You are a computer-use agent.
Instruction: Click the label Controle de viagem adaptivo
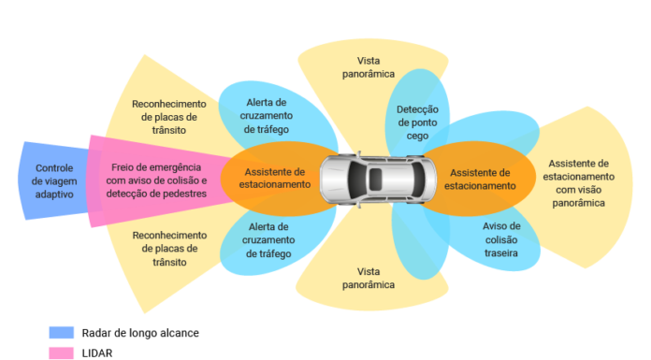(x=54, y=181)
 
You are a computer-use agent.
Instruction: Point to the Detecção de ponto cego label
(x=417, y=122)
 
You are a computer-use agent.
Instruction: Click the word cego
(x=417, y=137)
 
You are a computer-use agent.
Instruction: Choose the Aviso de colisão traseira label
(x=501, y=239)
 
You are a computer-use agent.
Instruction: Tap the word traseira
(x=501, y=252)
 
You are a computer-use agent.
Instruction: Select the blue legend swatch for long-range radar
(x=62, y=333)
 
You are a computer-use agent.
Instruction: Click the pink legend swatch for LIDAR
(x=62, y=353)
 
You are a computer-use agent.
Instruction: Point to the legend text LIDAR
(x=97, y=353)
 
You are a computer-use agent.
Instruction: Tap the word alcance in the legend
(x=180, y=333)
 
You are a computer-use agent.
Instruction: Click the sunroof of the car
(x=375, y=180)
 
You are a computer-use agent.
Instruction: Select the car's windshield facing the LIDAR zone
(x=357, y=180)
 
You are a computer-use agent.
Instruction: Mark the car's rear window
(x=417, y=180)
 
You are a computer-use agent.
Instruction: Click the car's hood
(x=334, y=180)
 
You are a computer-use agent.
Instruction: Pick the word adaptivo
(x=54, y=194)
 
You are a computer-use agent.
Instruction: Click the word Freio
(x=121, y=167)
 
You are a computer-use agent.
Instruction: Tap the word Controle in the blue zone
(x=54, y=168)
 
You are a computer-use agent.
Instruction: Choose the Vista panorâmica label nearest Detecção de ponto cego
(x=369, y=67)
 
